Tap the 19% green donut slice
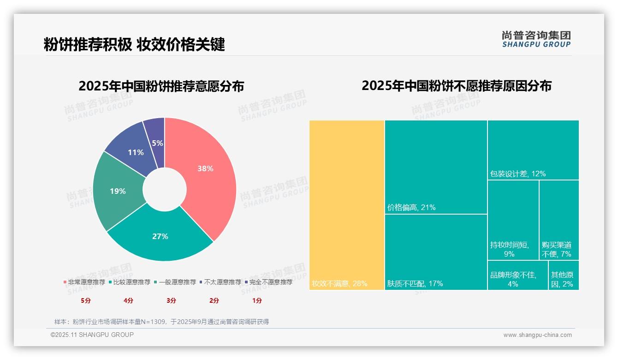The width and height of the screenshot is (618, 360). (118, 191)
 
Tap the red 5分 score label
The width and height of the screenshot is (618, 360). (86, 300)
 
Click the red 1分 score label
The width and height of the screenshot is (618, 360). (257, 300)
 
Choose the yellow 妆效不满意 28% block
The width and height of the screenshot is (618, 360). (346, 205)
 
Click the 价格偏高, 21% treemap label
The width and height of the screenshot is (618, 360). (411, 208)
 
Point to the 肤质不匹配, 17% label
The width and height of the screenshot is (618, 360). (415, 283)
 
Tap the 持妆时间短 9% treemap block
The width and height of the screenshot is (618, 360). (513, 220)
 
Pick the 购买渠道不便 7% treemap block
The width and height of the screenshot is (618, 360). (559, 220)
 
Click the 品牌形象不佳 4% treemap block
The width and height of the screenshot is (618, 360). (517, 276)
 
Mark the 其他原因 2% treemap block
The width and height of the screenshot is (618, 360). (563, 276)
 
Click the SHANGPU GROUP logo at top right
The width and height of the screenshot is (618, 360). (536, 39)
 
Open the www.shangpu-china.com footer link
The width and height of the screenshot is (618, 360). (537, 335)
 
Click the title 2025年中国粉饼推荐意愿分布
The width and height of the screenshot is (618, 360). (161, 86)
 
